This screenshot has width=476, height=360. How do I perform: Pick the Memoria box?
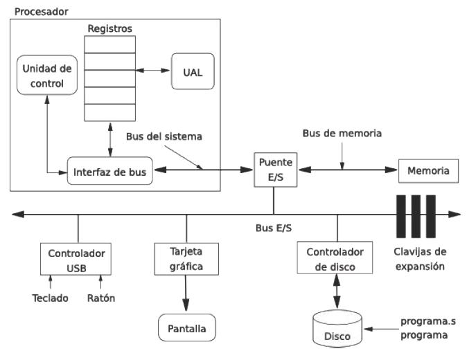pos(427,170)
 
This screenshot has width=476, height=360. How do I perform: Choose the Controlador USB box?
pos(76,258)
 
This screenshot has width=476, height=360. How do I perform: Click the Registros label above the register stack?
pos(109,28)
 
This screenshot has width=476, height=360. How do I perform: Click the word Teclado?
pos(51,298)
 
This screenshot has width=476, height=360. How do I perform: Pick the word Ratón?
pos(100,298)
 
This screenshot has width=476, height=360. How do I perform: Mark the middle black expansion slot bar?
pos(415,215)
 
